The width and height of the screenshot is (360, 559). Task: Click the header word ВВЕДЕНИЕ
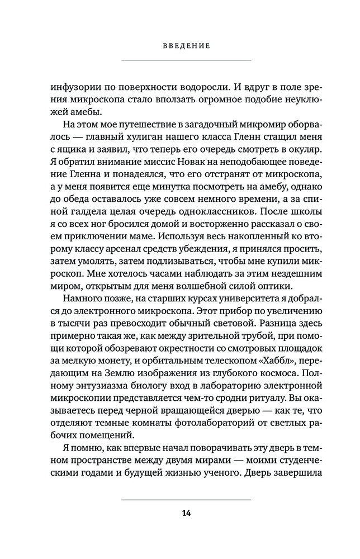point(186,46)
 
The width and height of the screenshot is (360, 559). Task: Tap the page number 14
point(186,514)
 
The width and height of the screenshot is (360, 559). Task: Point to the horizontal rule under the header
point(186,60)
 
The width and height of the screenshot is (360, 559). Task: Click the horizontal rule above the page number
point(186,499)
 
